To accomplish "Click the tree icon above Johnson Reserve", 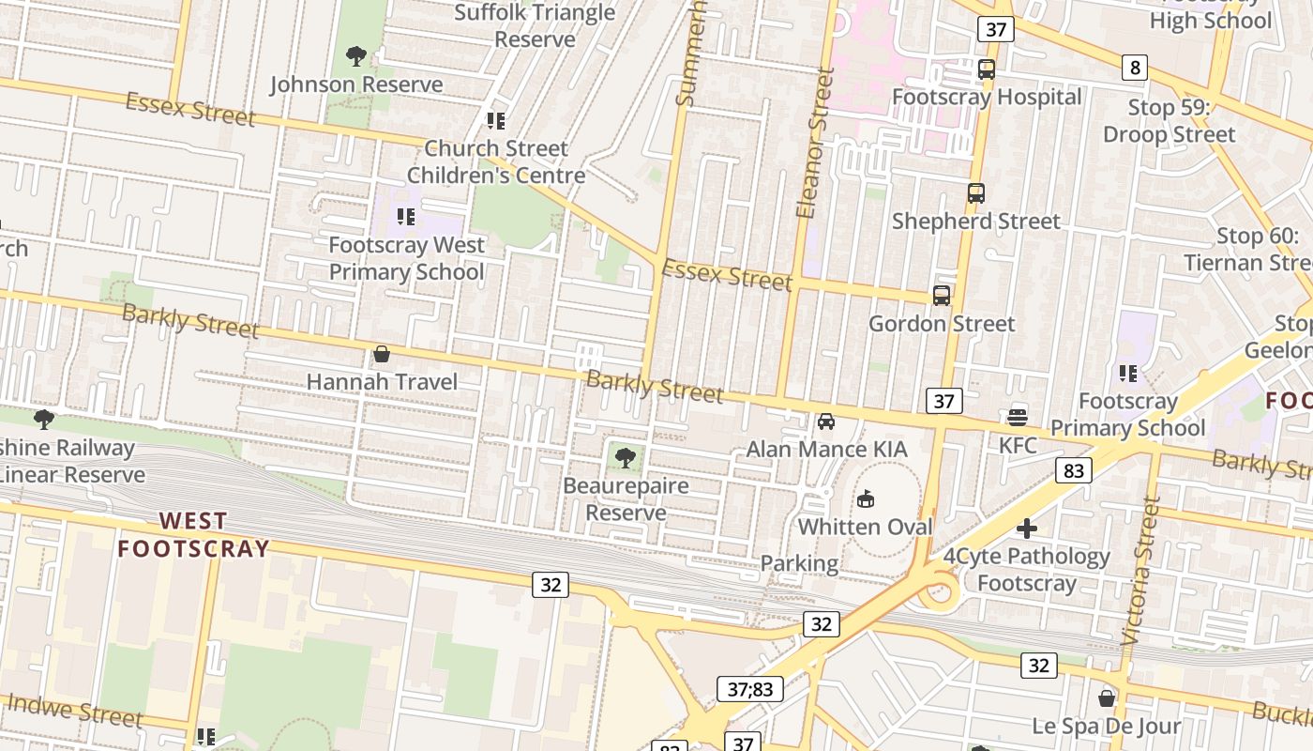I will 355,56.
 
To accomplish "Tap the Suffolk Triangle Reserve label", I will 535,26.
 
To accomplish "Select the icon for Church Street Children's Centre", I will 496,120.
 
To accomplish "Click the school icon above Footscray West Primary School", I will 406,217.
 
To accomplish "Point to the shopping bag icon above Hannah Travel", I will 382,354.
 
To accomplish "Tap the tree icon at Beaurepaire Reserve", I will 625,458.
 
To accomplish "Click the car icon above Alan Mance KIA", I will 826,421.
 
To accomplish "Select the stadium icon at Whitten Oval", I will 866,498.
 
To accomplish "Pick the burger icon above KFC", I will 1018,417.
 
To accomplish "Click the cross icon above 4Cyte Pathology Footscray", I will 1027,529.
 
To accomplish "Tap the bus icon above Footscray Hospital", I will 987,69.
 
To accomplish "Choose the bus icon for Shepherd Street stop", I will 976,193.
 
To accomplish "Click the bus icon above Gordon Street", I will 942,296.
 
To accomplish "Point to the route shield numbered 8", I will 1135,68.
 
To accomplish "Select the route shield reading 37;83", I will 750,689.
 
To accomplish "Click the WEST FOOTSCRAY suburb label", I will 193,534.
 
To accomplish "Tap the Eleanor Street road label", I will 814,143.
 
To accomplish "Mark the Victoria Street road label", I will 1140,570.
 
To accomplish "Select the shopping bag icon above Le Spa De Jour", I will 1107,698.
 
